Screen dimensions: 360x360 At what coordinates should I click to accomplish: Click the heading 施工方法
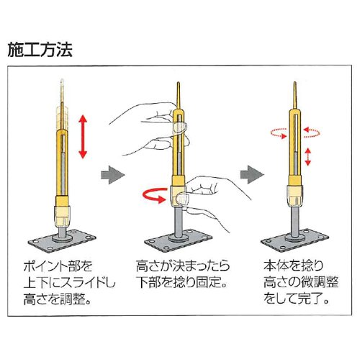tap(40, 50)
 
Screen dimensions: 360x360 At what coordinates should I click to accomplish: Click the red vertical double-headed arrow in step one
tap(83, 137)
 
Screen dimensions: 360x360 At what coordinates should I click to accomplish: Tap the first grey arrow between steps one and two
tap(113, 175)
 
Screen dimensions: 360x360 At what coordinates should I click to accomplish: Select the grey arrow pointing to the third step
tap(252, 175)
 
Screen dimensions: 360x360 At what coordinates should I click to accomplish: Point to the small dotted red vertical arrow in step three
tap(308, 157)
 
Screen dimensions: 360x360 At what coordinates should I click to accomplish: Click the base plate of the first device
tap(62, 239)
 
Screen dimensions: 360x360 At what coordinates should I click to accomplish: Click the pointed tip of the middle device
tap(179, 83)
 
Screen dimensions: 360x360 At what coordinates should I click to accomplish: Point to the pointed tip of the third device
tap(294, 83)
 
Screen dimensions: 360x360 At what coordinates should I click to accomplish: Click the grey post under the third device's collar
tap(295, 220)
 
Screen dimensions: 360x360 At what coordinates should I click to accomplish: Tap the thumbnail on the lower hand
tap(181, 199)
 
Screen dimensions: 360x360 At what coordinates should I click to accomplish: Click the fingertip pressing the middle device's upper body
tap(179, 127)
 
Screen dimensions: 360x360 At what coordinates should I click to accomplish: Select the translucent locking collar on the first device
tap(62, 217)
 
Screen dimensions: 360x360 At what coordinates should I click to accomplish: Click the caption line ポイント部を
tap(58, 266)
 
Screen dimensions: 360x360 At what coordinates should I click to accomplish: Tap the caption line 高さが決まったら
tap(183, 266)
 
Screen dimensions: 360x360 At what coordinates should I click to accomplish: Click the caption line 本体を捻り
tap(293, 266)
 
